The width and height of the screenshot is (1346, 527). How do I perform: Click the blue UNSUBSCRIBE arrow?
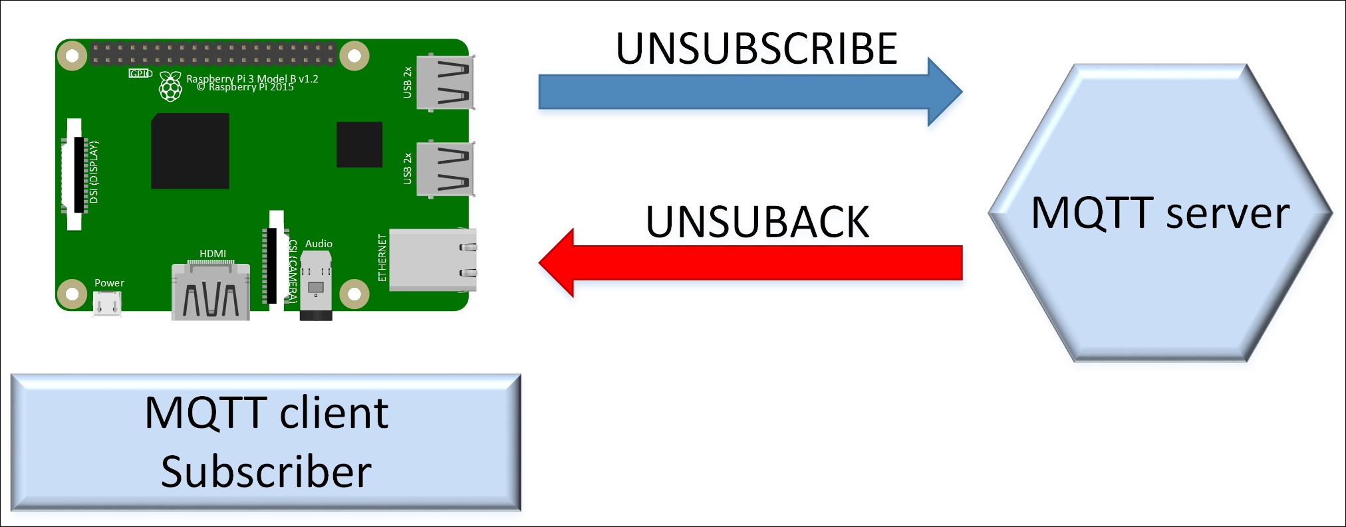pos(750,92)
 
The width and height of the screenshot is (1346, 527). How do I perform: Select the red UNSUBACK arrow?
pos(750,263)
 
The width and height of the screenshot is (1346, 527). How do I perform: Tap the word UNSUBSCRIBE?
pos(757,49)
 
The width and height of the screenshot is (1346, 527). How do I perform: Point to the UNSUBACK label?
pos(757,221)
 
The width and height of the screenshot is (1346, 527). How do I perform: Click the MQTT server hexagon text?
pos(1160,213)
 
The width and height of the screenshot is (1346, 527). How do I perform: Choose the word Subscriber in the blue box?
pos(266,472)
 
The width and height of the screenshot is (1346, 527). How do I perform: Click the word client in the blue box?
pos(334,413)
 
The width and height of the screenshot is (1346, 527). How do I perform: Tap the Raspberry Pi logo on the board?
pos(170,86)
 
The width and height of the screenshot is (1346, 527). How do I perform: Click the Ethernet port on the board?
pos(432,260)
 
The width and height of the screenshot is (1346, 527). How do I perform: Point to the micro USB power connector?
pos(107,304)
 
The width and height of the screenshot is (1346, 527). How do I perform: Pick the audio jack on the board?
pos(316,286)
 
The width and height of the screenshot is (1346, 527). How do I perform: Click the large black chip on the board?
pos(190,151)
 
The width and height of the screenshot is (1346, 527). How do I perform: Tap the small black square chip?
pos(359,144)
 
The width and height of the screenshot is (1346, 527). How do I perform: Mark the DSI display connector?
pos(74,175)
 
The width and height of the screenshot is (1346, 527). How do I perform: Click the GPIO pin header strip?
pos(213,54)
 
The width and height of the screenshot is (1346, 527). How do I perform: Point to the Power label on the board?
pos(109,283)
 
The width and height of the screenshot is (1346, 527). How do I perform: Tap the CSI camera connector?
pos(275,260)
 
